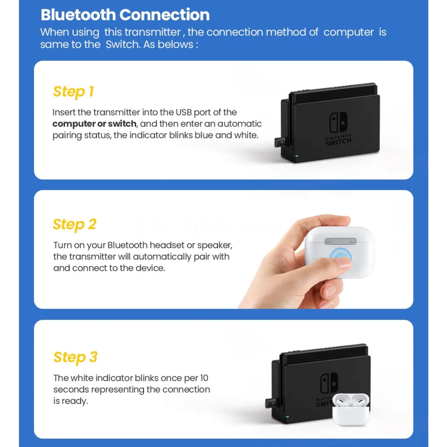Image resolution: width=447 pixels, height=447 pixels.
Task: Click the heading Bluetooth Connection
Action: point(125,15)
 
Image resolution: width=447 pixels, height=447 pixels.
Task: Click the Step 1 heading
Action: point(74,92)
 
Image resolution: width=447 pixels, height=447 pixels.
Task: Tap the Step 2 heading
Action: point(75,225)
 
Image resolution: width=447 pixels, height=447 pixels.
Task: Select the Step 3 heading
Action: point(75,358)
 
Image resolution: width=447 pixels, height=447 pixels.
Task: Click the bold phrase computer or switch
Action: point(94,124)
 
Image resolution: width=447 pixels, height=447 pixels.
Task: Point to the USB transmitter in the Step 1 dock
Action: point(280,142)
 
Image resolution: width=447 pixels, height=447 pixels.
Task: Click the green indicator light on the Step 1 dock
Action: point(296,156)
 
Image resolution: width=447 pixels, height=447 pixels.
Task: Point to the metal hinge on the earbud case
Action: point(340,241)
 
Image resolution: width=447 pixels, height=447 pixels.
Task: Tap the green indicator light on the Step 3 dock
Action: point(287,417)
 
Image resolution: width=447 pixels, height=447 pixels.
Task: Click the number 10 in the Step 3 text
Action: point(204,378)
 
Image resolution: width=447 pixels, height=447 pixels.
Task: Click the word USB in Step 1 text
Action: point(184,113)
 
